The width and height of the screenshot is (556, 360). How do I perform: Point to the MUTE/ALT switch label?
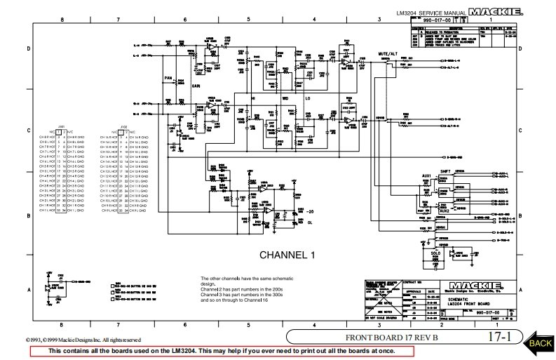click(x=387, y=53)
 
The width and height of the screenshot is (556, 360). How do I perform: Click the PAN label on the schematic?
click(x=168, y=78)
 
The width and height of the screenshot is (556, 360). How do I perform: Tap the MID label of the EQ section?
click(x=285, y=100)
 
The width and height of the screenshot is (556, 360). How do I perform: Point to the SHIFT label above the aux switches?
click(x=444, y=169)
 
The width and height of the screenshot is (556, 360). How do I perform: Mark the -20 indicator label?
click(x=310, y=211)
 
